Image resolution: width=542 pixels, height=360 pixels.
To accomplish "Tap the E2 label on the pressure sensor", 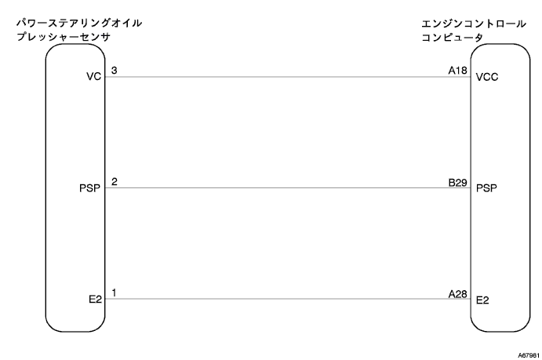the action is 95,300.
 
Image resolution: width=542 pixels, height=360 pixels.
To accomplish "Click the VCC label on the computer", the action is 487,78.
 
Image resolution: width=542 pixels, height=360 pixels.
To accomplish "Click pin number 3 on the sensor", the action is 115,71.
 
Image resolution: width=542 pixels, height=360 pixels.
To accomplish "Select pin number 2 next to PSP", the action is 115,181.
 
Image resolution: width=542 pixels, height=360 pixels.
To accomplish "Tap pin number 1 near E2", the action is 115,293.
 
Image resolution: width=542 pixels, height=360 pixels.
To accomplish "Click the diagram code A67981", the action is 526,354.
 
